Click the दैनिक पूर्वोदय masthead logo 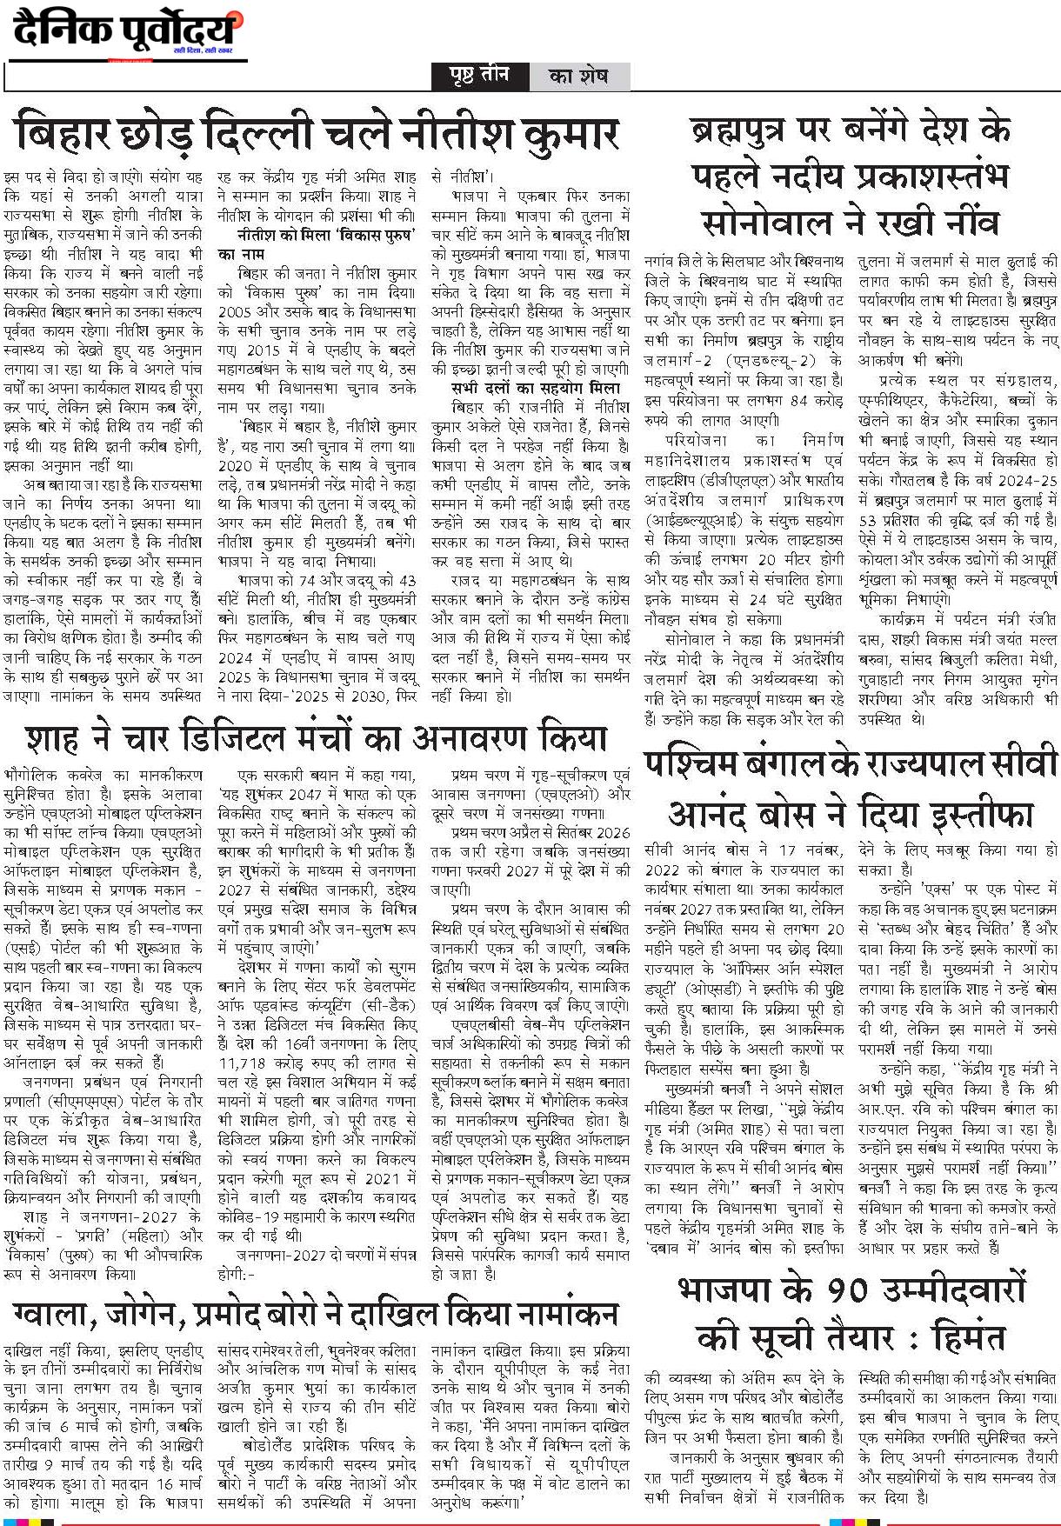(127, 32)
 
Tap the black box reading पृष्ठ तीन (480, 76)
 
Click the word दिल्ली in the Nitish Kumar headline (263, 135)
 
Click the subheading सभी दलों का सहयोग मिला (536, 388)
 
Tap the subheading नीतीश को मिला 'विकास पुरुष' (324, 235)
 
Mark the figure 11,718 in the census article (244, 1063)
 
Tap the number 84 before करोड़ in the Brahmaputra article (796, 400)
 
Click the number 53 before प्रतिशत (870, 521)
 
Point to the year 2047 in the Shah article (331, 796)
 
